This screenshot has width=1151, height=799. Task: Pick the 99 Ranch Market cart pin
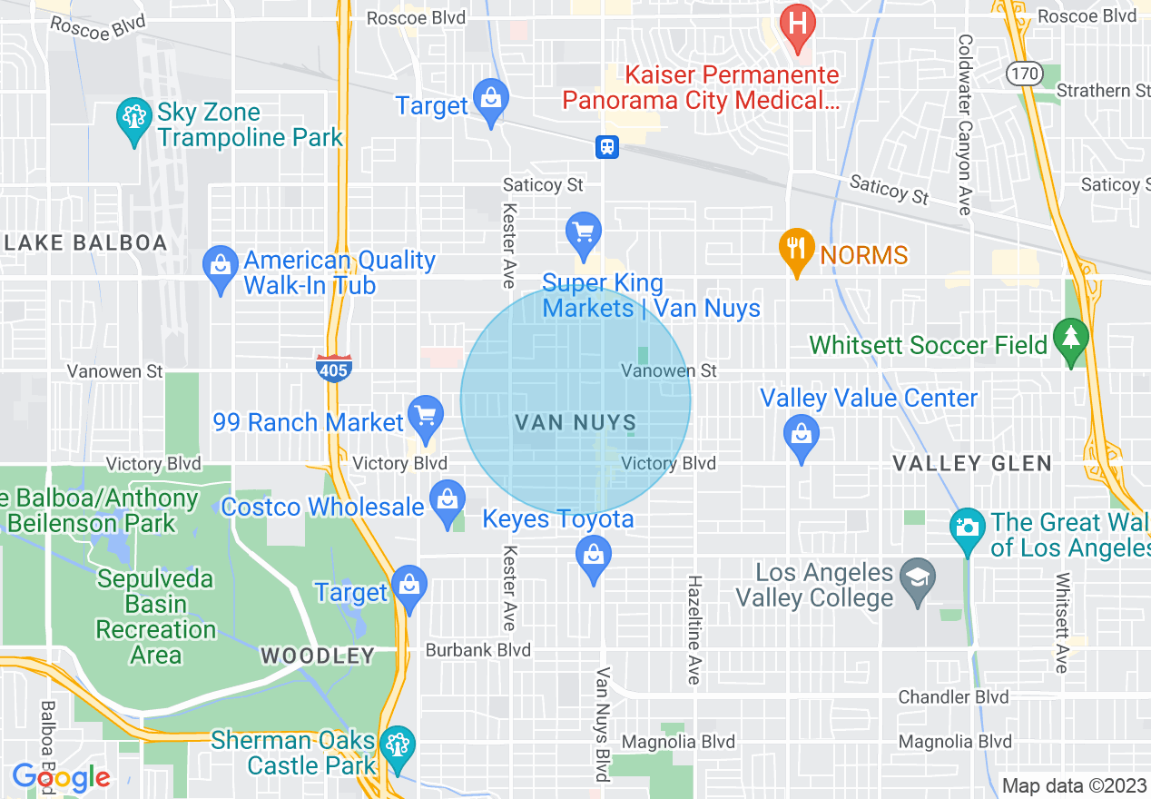(425, 416)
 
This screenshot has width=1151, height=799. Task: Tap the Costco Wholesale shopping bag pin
(448, 502)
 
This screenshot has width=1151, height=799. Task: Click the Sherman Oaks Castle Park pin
(396, 745)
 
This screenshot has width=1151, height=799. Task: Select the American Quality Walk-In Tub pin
(221, 268)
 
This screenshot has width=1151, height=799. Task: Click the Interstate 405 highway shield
(334, 368)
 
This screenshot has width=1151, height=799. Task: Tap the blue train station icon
(606, 146)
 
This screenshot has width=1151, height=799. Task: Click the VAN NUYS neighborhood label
(575, 423)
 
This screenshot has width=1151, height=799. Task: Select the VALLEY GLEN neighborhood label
(971, 464)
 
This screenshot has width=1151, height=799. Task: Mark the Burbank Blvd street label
(478, 650)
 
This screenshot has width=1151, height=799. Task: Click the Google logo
(61, 777)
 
